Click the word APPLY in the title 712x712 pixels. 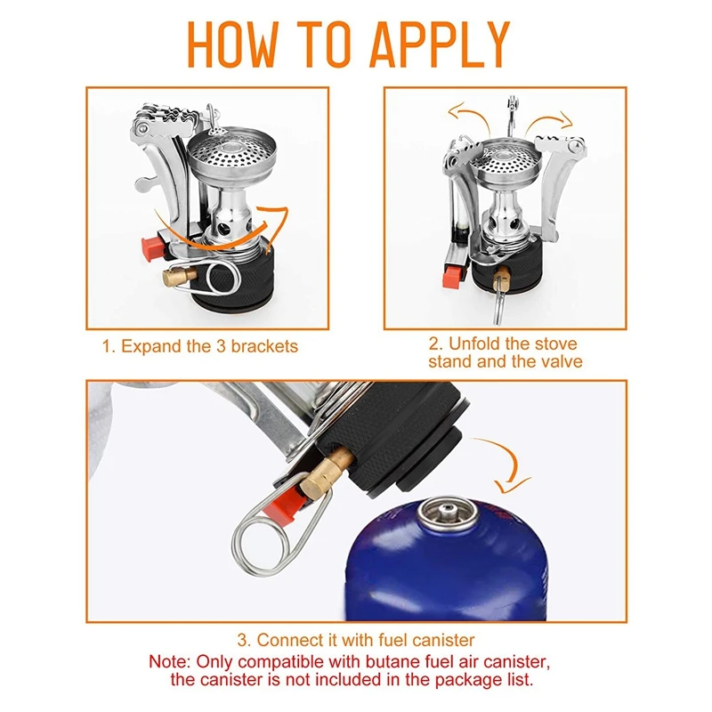(x=440, y=44)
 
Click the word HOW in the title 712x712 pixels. (x=232, y=44)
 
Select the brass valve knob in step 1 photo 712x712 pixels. (x=179, y=275)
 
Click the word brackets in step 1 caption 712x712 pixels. (x=264, y=346)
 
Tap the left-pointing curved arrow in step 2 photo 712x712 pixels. (x=469, y=114)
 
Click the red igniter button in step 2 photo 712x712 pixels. (x=452, y=277)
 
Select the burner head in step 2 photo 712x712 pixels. (x=505, y=164)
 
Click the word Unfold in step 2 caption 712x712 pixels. (x=473, y=344)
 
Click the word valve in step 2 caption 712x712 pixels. (x=562, y=362)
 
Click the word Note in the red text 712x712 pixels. (x=169, y=661)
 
